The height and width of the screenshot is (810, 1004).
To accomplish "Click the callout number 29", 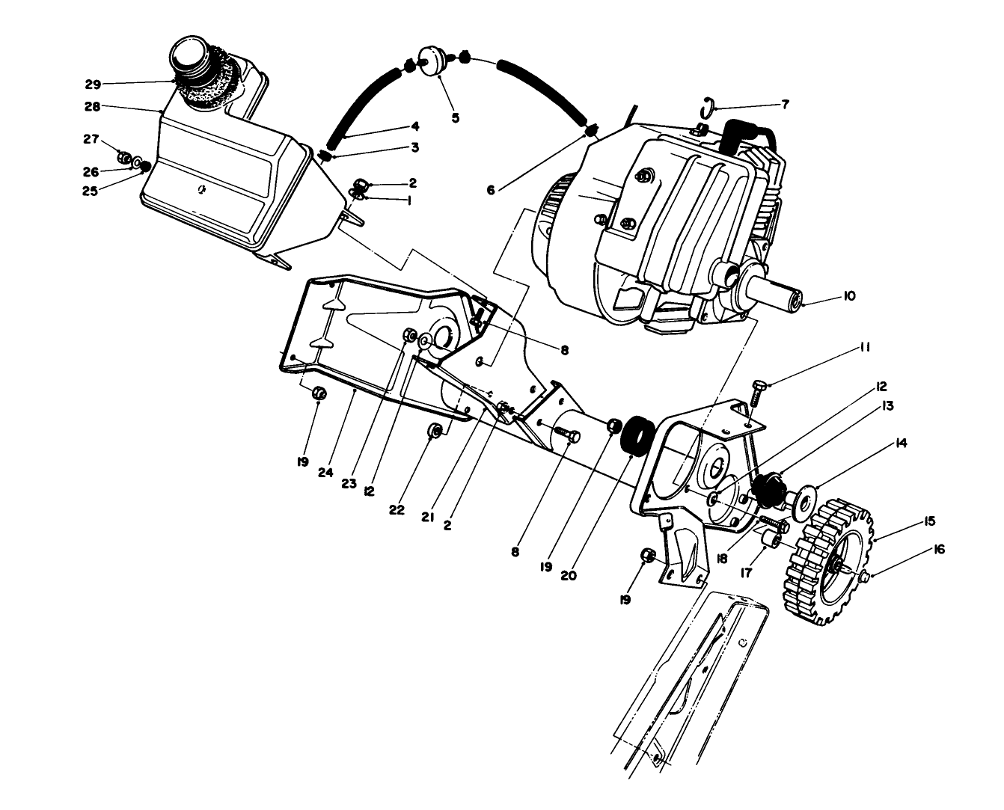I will tap(93, 84).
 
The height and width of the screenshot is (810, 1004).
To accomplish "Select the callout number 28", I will tap(92, 107).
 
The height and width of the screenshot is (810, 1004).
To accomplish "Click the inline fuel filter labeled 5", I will tap(431, 61).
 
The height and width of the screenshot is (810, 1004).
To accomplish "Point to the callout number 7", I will tap(785, 105).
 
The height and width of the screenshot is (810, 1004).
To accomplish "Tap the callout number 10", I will tap(848, 296).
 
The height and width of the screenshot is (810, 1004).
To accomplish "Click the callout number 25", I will tap(92, 190).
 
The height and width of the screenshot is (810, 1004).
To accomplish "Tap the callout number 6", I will tap(491, 190).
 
